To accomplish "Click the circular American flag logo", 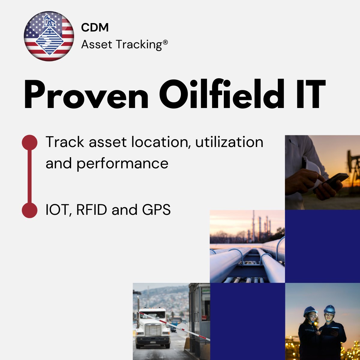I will pos(49,36).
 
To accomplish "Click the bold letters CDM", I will pos(95,28).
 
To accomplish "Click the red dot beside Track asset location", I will pos(30,142).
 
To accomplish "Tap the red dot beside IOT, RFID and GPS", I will pos(30,210).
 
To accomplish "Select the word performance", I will pos(122,163).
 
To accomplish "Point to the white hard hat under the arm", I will pos(312,168).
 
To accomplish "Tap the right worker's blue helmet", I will pos(329,309).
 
